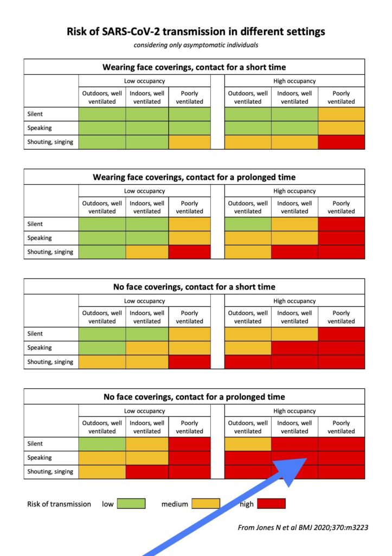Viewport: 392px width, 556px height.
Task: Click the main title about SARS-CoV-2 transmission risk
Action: click(x=196, y=31)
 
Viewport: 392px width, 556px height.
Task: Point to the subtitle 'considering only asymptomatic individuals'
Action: click(x=196, y=45)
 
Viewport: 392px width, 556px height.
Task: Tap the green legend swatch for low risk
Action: click(x=131, y=504)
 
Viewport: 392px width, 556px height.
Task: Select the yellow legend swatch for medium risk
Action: click(x=205, y=504)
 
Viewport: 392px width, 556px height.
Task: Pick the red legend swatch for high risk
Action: click(x=271, y=504)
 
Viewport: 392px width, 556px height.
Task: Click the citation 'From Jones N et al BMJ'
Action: click(x=303, y=527)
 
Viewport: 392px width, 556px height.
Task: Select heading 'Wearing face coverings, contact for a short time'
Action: click(x=194, y=67)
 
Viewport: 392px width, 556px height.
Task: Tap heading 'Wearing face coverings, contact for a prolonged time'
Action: click(x=194, y=177)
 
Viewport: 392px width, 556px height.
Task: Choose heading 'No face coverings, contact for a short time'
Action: click(x=194, y=287)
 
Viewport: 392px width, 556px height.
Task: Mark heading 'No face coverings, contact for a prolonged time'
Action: click(x=194, y=397)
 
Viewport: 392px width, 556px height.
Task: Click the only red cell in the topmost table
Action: click(x=341, y=142)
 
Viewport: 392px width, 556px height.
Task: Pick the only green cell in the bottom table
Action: click(x=102, y=444)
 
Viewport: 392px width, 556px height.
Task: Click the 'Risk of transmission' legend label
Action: click(x=59, y=504)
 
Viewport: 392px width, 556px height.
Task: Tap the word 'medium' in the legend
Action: click(x=175, y=504)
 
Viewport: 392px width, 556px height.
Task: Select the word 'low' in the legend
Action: click(x=108, y=504)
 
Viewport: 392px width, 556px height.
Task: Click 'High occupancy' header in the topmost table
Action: click(x=294, y=81)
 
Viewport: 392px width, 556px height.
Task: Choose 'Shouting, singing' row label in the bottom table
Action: click(x=50, y=472)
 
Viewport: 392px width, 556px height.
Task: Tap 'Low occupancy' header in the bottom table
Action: click(x=145, y=411)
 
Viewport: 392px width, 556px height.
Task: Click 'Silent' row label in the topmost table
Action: click(x=35, y=114)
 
